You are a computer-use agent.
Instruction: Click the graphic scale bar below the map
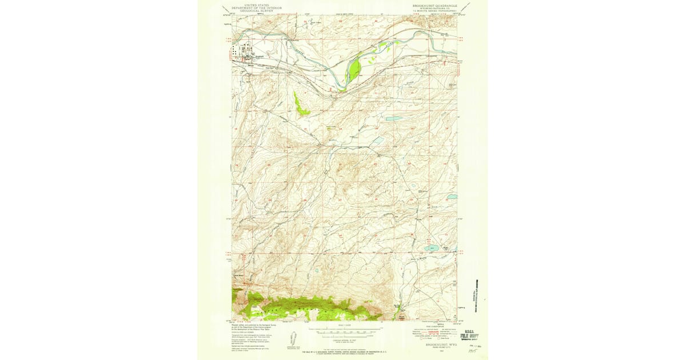345,330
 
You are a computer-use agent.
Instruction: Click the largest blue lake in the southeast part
431,249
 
